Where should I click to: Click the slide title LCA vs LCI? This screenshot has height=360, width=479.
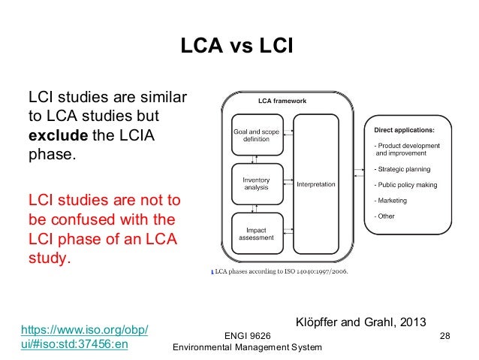[x=238, y=47]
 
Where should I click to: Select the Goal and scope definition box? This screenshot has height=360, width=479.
[x=255, y=137]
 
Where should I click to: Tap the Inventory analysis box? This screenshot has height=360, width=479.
[x=255, y=184]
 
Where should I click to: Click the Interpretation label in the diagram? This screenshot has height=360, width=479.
[x=316, y=184]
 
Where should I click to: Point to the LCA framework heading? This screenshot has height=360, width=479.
[x=282, y=101]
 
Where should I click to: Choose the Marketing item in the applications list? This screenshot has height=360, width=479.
[x=391, y=201]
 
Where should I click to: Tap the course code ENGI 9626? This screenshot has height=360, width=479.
[x=248, y=334]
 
